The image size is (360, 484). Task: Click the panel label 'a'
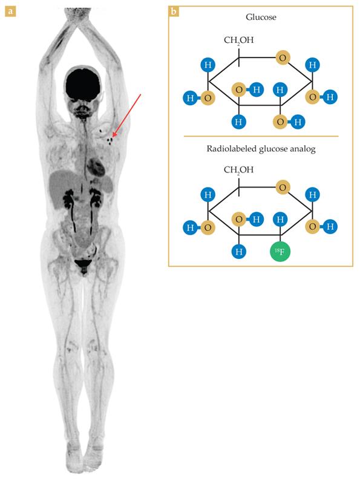point(10,11)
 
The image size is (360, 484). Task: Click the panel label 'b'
point(174,11)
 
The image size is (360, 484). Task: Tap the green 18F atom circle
point(280,252)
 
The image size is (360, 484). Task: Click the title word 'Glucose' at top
point(261,17)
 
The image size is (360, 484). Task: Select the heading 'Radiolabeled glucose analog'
point(261,149)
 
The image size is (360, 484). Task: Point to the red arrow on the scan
point(127,116)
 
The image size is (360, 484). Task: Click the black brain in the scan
point(82,84)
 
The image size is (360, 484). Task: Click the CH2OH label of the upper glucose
point(238,41)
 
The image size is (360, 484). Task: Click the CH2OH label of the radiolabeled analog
point(238,170)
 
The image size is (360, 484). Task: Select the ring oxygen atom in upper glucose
point(282,58)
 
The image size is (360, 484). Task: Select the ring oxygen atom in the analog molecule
point(282,188)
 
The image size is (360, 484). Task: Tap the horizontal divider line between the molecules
point(261,136)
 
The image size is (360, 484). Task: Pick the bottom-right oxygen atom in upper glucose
point(280,122)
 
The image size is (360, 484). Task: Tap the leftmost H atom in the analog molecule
point(190,227)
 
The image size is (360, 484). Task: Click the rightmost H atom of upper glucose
point(330,97)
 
